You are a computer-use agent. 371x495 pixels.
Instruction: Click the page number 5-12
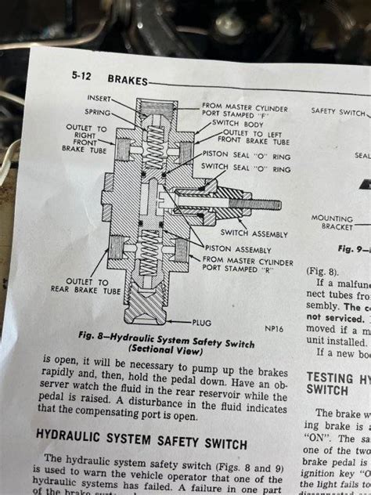click(82, 78)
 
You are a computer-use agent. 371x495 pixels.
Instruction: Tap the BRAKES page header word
click(126, 79)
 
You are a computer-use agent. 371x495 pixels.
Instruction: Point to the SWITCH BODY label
click(229, 123)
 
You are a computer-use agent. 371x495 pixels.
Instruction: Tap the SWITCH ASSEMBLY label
click(254, 233)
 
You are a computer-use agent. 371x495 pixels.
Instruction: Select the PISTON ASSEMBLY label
click(239, 250)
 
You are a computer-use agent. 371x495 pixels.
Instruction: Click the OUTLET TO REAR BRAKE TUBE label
click(92, 286)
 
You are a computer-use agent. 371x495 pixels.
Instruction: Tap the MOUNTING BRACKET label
click(332, 222)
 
